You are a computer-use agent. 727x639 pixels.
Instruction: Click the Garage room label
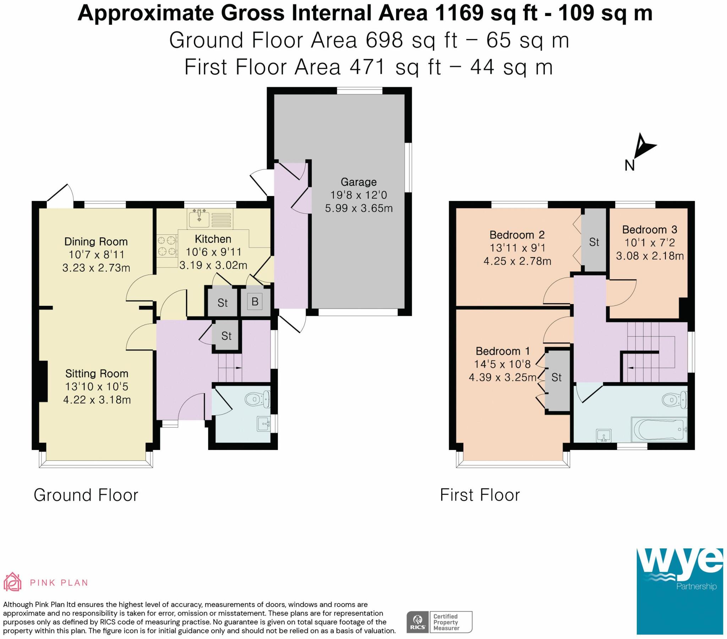[x=358, y=182]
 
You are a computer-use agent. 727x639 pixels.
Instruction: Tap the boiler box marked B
[x=255, y=302]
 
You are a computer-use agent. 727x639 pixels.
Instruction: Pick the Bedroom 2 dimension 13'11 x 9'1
[x=518, y=248]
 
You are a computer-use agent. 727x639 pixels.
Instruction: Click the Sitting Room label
[x=97, y=373]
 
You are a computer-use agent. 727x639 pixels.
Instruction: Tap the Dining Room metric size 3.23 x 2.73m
[x=96, y=268]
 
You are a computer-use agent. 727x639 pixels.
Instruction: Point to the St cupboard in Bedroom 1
[x=557, y=381]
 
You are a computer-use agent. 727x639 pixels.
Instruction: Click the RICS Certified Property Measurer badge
[x=439, y=622]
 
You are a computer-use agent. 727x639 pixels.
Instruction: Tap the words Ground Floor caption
[x=86, y=495]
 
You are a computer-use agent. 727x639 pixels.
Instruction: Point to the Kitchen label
[x=213, y=239]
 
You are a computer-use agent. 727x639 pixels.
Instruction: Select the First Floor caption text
[x=480, y=495]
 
